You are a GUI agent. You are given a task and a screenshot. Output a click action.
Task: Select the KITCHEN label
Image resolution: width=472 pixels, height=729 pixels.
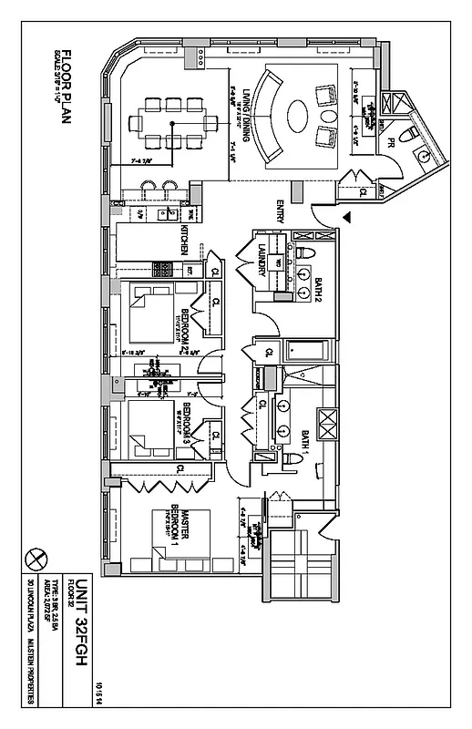(185, 239)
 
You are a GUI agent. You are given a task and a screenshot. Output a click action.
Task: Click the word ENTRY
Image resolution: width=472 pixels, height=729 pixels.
(281, 213)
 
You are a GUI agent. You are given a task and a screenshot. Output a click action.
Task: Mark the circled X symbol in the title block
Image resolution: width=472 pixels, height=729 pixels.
(37, 556)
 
